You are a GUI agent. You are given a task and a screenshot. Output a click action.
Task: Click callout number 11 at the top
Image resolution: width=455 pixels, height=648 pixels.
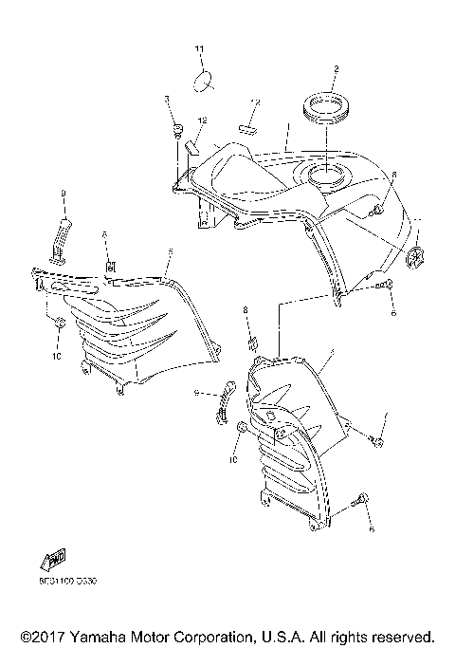point(200,48)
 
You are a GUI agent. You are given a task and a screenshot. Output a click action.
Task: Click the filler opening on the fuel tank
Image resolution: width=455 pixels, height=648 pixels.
point(327,175)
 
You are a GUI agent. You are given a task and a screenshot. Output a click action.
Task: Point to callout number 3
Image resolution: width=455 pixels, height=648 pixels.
point(167,99)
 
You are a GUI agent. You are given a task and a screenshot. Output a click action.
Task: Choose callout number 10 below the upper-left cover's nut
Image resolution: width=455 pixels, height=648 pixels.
point(56,357)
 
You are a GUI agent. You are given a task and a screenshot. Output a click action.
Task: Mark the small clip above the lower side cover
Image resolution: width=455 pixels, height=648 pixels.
point(252,342)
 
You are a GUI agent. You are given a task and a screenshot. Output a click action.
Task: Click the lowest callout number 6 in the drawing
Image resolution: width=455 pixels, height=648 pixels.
point(372,528)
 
